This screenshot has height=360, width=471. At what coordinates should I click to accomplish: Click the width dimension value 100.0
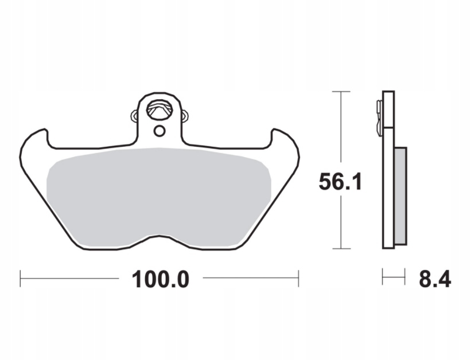(161, 279)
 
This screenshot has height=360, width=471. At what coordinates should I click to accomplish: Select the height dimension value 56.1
(340, 182)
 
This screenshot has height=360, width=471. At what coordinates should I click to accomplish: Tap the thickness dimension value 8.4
(435, 279)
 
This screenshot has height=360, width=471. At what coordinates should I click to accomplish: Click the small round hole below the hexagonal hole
(159, 131)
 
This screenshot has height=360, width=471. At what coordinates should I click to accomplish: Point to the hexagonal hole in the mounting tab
(159, 109)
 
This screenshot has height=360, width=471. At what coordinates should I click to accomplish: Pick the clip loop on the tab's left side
(135, 116)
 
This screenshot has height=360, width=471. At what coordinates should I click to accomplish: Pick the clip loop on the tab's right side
(185, 116)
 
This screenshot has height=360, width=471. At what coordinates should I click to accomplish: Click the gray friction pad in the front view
(159, 195)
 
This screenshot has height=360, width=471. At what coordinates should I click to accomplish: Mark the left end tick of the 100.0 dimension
(20, 279)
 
